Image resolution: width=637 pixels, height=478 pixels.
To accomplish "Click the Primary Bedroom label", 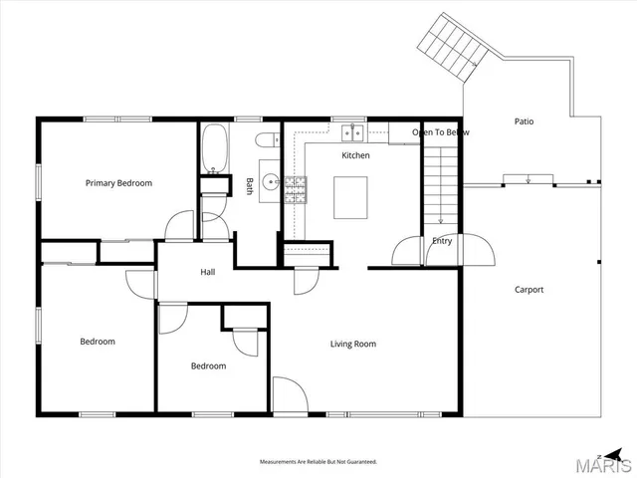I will [118, 183].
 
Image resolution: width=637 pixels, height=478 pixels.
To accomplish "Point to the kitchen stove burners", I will [296, 189].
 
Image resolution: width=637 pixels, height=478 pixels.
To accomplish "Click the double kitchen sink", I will [350, 131].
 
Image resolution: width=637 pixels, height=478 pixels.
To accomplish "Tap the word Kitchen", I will [355, 156].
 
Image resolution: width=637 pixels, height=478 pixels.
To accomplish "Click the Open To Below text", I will [440, 132].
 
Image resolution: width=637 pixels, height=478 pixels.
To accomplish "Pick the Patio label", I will [524, 121].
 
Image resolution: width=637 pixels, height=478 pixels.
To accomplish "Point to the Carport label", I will [529, 290].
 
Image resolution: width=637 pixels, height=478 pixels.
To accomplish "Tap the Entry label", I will [442, 241].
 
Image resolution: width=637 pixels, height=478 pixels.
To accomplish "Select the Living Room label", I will [353, 345].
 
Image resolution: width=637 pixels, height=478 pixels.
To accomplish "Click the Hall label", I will [208, 272].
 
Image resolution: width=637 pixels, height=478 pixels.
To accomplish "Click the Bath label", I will [249, 185].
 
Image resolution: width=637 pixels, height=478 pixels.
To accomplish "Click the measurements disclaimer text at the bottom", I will [318, 462].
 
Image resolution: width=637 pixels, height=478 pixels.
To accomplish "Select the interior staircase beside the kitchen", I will [441, 184].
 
